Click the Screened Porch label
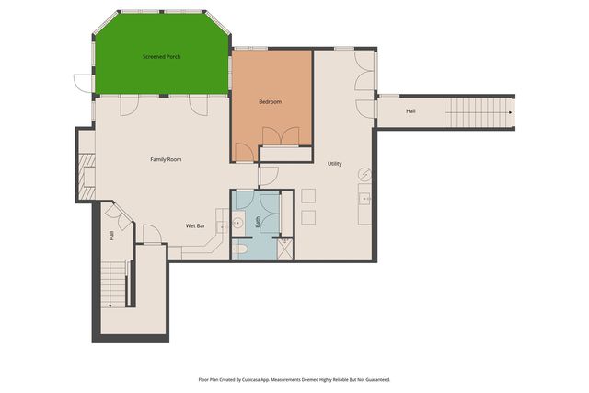pyautogui.click(x=161, y=57)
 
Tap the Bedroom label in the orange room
pyautogui.click(x=270, y=101)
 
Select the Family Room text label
pyautogui.click(x=166, y=159)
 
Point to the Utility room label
pyautogui.click(x=335, y=164)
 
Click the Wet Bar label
pyautogui.click(x=195, y=225)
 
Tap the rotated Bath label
pyautogui.click(x=259, y=222)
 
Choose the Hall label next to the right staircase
pyautogui.click(x=410, y=111)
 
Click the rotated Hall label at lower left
pyautogui.click(x=111, y=236)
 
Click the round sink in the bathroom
pyautogui.click(x=238, y=222)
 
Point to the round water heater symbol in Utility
pyautogui.click(x=364, y=173)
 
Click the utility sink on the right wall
pyautogui.click(x=364, y=198)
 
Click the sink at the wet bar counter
pyautogui.click(x=221, y=226)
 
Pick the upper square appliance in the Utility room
pyautogui.click(x=307, y=195)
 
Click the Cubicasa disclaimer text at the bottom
pyautogui.click(x=294, y=378)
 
